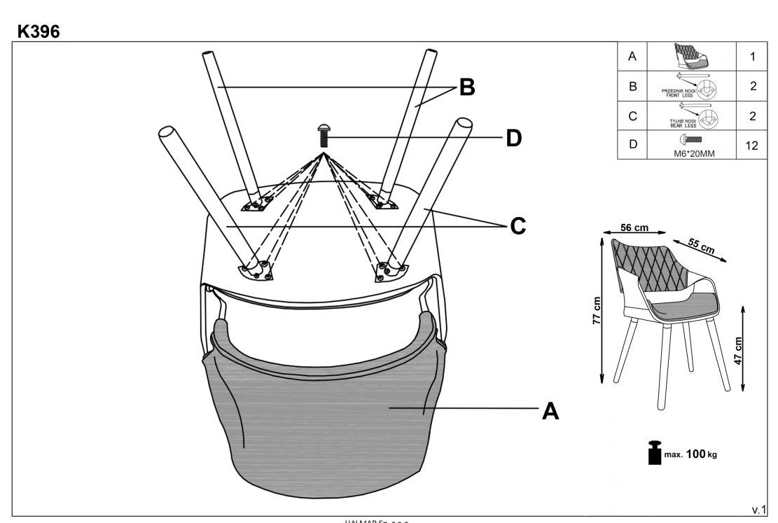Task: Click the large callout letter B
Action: point(466,88)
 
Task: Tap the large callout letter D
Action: point(514,138)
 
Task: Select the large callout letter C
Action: point(517,226)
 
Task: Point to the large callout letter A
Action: point(551,412)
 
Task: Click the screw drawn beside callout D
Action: point(324,135)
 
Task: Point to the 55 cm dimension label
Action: point(701,244)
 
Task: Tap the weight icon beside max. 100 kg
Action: point(653,452)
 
